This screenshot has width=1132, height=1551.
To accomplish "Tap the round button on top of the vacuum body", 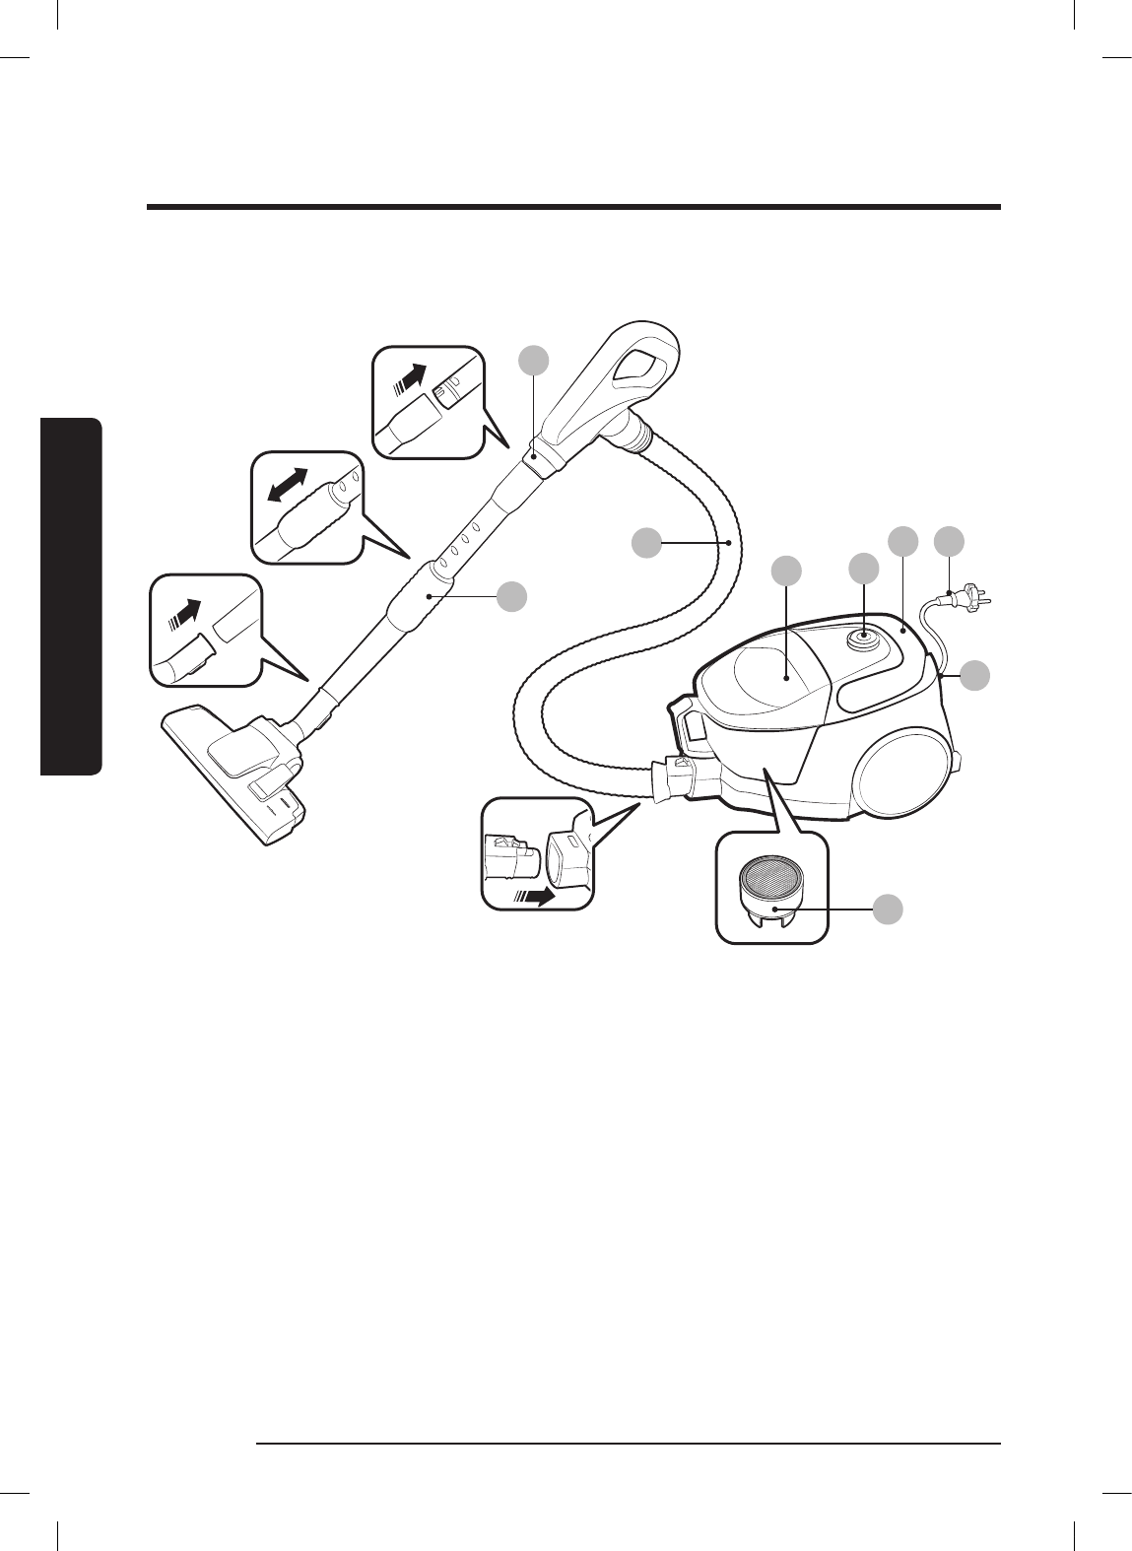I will coord(864,637).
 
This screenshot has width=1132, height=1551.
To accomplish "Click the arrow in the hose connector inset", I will coord(534,897).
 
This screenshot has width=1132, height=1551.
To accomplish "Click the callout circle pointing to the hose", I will coord(646,542).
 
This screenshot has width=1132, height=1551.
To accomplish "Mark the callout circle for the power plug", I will coord(950,540).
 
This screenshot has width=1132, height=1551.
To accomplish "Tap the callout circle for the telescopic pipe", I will coord(510,595).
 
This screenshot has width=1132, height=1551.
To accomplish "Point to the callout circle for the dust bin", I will coord(785,570).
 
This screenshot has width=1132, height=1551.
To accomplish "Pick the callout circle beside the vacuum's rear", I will coord(975,675).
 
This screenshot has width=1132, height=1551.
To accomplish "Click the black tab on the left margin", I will coord(71,597).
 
